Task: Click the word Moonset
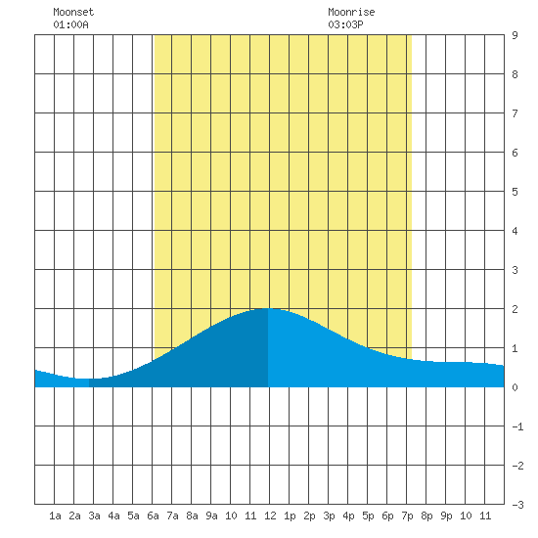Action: click(x=73, y=12)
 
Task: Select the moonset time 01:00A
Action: click(x=70, y=24)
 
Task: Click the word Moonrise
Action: click(x=351, y=12)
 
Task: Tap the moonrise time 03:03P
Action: click(x=345, y=24)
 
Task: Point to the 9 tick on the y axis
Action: click(x=515, y=35)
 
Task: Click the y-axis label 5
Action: click(x=515, y=192)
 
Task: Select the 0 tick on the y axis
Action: click(x=515, y=387)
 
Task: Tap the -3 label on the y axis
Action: click(x=517, y=505)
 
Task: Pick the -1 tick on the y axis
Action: click(x=517, y=426)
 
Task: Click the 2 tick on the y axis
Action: click(x=515, y=309)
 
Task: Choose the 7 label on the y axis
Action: click(x=515, y=113)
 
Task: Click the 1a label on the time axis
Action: click(x=55, y=516)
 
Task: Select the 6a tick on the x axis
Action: click(x=153, y=516)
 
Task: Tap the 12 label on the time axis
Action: click(x=270, y=516)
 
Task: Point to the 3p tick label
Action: click(x=329, y=516)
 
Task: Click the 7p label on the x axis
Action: click(x=407, y=516)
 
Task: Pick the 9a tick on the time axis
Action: click(x=211, y=516)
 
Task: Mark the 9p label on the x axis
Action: click(x=446, y=516)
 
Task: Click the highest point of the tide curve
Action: click(x=268, y=308)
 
